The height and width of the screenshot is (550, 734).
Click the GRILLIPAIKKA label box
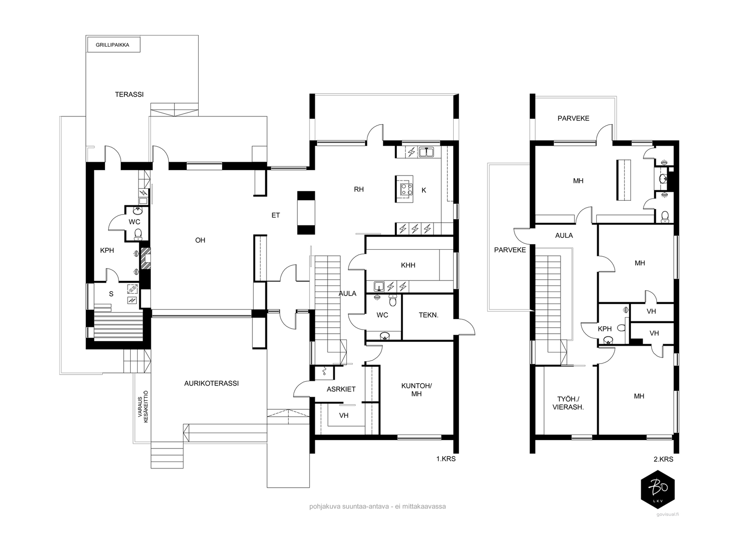(x=114, y=45)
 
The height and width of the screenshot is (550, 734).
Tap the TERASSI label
(x=129, y=94)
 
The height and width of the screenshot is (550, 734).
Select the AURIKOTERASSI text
(x=211, y=383)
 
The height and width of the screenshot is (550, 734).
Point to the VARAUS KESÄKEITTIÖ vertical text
(x=143, y=407)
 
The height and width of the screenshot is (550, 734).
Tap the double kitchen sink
(x=426, y=152)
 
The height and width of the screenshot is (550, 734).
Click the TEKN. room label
(x=428, y=315)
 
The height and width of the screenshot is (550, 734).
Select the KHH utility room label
(x=408, y=265)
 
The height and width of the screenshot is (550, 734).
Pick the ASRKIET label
(x=341, y=389)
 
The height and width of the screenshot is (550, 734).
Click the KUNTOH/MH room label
(x=417, y=390)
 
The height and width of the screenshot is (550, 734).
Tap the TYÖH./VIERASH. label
(x=568, y=403)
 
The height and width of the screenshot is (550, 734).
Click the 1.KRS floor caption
(x=446, y=459)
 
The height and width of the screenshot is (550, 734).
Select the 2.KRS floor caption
(x=663, y=459)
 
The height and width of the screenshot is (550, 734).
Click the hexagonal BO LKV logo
(x=657, y=489)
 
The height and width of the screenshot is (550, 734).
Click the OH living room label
(x=200, y=240)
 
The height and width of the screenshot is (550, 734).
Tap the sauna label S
(x=111, y=294)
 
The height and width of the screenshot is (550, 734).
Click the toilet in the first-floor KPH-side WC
(x=138, y=235)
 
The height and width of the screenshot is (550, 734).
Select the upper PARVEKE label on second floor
(x=573, y=118)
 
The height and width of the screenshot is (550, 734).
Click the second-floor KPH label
(x=605, y=329)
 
